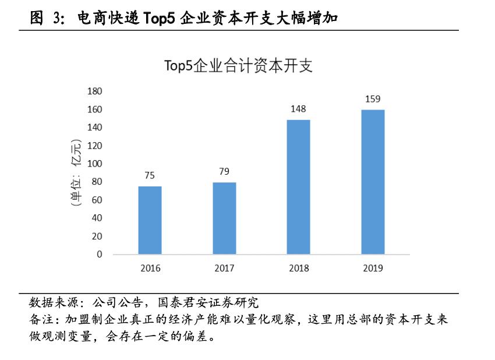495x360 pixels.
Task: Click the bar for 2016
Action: (x=150, y=220)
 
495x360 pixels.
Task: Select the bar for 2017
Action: (x=224, y=218)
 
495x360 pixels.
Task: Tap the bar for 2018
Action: (x=299, y=187)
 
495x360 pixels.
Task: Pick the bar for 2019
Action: (x=373, y=182)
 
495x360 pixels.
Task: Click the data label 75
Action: (x=150, y=175)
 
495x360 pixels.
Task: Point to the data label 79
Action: (x=224, y=171)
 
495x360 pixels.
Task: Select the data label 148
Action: (x=299, y=109)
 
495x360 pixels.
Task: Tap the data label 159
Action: (x=373, y=99)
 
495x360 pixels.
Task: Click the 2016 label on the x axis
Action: (x=150, y=269)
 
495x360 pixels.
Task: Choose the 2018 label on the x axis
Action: (x=299, y=269)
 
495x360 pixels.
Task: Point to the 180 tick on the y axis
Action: (x=94, y=91)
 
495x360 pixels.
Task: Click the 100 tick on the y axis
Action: (x=94, y=164)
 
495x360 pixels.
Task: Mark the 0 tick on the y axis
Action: (x=100, y=255)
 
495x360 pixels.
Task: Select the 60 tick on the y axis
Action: (x=97, y=200)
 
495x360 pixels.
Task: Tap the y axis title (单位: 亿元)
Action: (x=75, y=173)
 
